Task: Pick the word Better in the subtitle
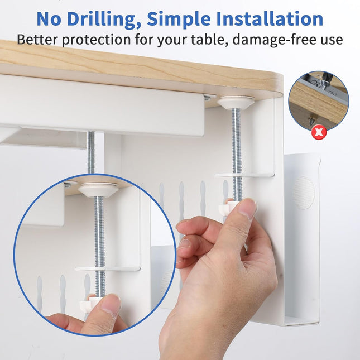coord(38,40)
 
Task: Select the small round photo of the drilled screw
coord(319,101)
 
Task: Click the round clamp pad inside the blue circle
coord(98,190)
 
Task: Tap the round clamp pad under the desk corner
coord(236,103)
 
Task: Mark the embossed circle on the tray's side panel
coord(303,193)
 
